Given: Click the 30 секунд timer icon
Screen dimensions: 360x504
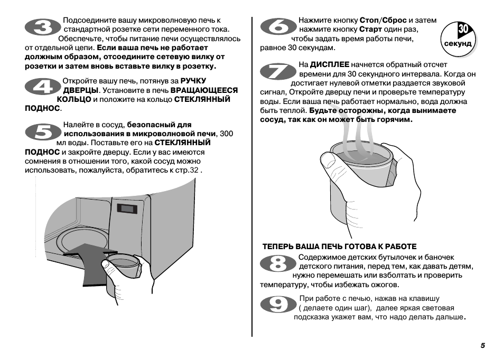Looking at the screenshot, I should pos(458,37).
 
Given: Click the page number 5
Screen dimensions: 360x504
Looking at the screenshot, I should pos(482,346).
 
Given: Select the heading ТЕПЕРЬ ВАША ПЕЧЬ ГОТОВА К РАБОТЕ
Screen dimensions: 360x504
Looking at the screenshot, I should pos(340,247).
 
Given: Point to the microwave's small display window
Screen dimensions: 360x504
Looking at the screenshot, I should pos(127,208).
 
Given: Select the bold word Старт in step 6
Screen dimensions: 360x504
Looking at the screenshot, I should pos(370,29).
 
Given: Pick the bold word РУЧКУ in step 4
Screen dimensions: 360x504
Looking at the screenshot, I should pos(193,81).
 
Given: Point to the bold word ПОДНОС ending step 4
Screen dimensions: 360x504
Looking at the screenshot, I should pos(42,108).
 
